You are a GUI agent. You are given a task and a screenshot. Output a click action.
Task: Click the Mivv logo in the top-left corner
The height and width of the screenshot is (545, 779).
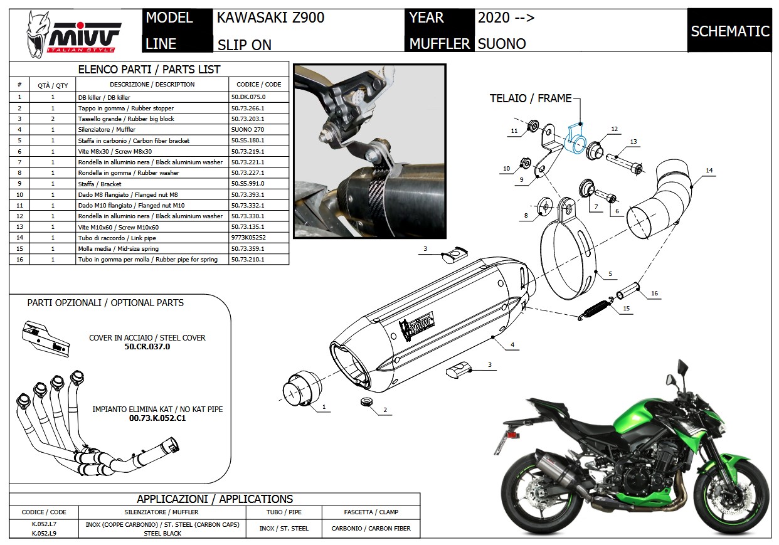point(73,34)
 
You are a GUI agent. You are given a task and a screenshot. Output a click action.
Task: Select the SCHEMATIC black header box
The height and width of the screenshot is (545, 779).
point(729,31)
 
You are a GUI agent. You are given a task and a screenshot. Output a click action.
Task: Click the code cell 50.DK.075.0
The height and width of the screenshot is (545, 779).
point(248,97)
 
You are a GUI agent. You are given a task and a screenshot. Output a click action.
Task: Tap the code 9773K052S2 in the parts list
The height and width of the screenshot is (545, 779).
point(248,238)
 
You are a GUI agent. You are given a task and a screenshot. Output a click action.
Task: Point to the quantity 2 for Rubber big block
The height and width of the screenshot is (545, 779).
point(53,119)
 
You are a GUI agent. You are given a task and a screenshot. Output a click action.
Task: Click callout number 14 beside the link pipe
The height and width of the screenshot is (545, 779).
point(709,171)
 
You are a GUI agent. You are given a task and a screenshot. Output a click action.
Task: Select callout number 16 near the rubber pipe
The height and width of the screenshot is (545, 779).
point(654,294)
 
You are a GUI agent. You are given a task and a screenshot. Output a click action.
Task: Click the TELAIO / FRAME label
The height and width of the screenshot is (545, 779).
point(531,98)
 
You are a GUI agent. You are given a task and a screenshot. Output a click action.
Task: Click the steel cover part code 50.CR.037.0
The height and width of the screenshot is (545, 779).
point(147,346)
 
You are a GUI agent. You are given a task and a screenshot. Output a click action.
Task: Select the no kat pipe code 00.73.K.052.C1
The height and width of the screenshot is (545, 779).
point(157,418)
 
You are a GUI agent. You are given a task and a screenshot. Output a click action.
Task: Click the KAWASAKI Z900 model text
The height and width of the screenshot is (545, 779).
point(271,18)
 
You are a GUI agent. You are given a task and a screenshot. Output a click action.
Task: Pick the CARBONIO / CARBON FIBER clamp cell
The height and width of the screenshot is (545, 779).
point(371,528)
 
